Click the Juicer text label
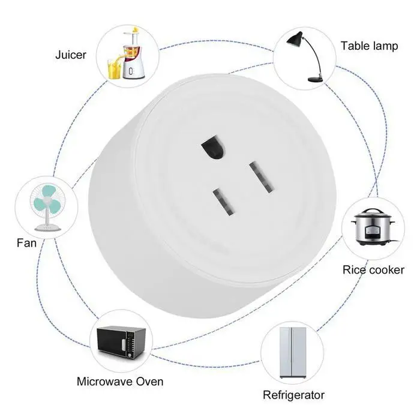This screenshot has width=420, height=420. tap(71, 55)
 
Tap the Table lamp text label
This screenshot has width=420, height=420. tap(369, 46)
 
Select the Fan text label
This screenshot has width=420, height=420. tap(27, 243)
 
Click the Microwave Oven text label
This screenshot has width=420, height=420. tap(120, 381)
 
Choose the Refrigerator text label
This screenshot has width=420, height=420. tap(294, 395)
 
